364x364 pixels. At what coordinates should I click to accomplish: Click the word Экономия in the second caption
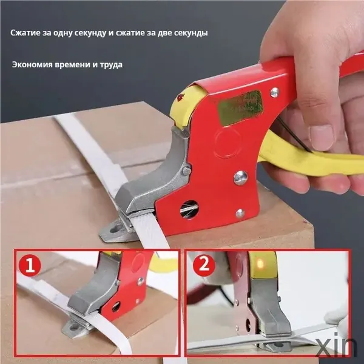coord(32,64)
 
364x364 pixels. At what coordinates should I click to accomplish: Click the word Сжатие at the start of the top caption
coord(25,33)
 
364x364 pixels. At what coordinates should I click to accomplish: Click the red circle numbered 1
coord(30,265)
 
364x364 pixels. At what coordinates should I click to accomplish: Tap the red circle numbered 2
coord(204,264)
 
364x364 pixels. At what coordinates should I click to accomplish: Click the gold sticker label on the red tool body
coord(240,107)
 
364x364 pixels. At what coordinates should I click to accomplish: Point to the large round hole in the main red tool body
coord(189,210)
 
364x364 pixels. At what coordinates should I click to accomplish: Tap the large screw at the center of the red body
coord(240,178)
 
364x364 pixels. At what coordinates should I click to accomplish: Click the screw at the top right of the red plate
coord(275,92)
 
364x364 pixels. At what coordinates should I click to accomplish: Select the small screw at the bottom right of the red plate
coord(240,213)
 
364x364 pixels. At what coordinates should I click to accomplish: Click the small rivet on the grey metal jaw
coord(187,171)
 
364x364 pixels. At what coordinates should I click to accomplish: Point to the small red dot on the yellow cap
coord(181,97)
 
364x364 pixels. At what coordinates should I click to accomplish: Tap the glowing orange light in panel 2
coord(260,263)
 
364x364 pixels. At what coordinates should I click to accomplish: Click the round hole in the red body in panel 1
coord(116,306)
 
